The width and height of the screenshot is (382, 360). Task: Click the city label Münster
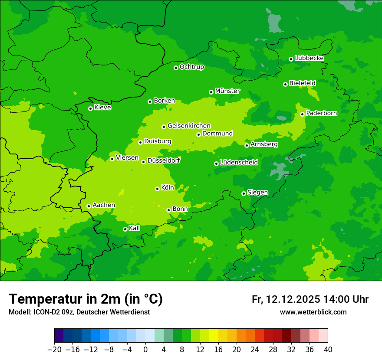click(x=227, y=91)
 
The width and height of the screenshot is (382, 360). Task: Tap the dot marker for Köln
click(x=157, y=189)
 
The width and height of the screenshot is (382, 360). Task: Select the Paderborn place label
click(x=321, y=113)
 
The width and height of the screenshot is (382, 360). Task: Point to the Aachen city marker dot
click(x=89, y=206)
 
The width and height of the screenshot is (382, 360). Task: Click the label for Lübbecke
click(x=309, y=58)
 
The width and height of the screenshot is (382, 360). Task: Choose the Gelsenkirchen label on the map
click(x=189, y=126)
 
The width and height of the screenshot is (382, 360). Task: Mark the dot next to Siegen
click(x=244, y=193)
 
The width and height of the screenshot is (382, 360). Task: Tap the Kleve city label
click(x=102, y=108)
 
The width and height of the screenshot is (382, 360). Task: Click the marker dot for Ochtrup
click(x=176, y=68)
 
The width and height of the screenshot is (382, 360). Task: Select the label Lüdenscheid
click(x=239, y=163)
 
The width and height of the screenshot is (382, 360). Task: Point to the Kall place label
click(x=135, y=228)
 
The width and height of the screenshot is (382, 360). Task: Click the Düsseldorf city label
click(x=164, y=160)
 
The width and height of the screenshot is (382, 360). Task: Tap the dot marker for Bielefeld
click(x=285, y=84)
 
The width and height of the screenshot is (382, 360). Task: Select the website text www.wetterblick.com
click(x=313, y=312)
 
